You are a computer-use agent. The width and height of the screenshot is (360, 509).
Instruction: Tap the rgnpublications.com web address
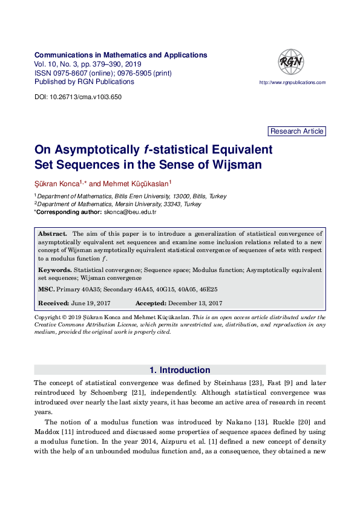coord(292,83)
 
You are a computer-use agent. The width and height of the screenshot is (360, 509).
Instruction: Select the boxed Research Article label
coord(296,131)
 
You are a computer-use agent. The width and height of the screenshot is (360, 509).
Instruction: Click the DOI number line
coord(78,97)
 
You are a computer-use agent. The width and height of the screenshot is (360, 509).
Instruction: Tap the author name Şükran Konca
coord(56,183)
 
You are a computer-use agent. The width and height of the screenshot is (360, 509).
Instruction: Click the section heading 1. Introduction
coord(180,370)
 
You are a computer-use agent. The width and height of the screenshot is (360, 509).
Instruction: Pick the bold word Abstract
coord(52,233)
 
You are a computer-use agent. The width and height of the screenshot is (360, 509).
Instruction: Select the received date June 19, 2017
coord(91,303)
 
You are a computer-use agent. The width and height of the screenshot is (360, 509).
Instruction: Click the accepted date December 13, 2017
coord(195,303)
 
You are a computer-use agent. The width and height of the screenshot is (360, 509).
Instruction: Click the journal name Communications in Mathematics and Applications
coord(121,55)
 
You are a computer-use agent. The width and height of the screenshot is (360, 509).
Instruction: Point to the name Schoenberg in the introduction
coord(97,392)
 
